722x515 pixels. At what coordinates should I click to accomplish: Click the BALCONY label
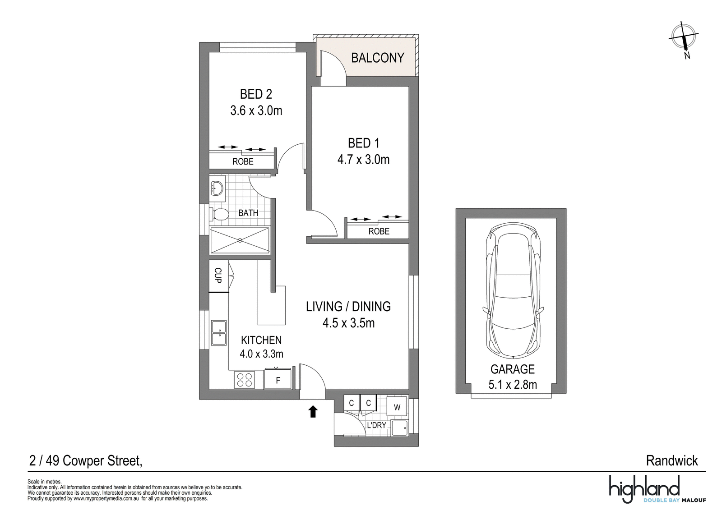click(x=377, y=58)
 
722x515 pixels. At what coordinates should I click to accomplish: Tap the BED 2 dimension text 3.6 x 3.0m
click(x=256, y=111)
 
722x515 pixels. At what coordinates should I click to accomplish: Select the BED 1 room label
click(x=364, y=143)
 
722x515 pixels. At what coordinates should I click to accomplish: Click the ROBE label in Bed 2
click(x=243, y=161)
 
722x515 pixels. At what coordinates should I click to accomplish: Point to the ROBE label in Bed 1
click(x=379, y=231)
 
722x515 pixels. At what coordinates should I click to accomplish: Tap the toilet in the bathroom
click(x=219, y=214)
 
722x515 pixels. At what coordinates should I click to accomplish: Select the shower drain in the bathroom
click(x=240, y=240)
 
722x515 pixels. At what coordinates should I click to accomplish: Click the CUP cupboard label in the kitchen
click(x=218, y=276)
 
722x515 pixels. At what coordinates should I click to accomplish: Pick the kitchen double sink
click(x=219, y=333)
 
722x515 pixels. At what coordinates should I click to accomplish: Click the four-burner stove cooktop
click(x=245, y=380)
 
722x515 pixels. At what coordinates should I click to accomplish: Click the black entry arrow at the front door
click(x=313, y=411)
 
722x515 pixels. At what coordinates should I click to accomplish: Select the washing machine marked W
click(x=397, y=407)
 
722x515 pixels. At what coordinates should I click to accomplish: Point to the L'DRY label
click(x=376, y=425)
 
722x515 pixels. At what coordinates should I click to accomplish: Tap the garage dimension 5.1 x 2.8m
click(x=513, y=385)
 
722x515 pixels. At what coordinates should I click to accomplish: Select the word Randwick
click(x=672, y=461)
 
